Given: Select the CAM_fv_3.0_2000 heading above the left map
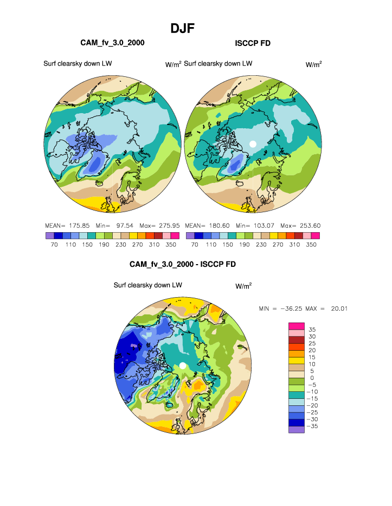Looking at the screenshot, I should coord(112,43).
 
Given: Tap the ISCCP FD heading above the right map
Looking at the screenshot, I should coord(253,43).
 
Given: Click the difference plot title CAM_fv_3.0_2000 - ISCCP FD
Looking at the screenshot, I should coord(183,264).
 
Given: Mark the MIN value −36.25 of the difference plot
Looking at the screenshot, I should coord(293,308).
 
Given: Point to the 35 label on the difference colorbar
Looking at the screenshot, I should coord(312,329).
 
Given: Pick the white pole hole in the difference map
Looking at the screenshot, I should coord(183,366).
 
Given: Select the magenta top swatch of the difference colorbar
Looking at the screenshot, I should coord(297,325).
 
